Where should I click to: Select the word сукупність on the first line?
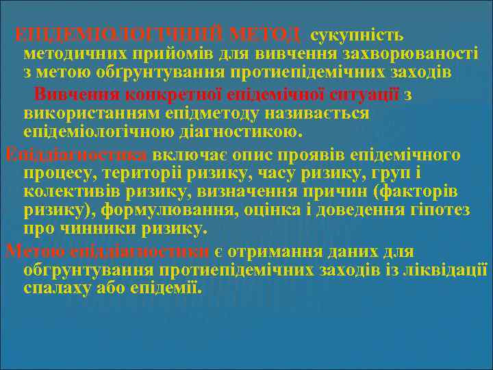click(357, 34)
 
